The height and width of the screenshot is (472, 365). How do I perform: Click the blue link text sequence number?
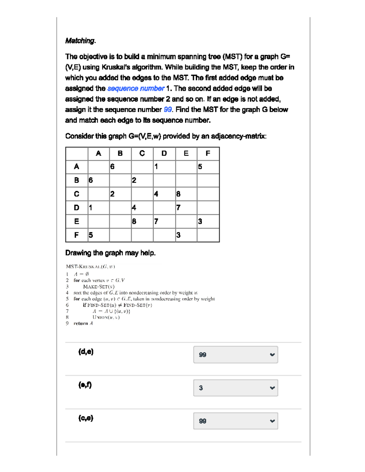[x=136, y=88]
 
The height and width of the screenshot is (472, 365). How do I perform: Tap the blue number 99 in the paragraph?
[x=168, y=110]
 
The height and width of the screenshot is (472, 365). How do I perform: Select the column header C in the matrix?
[x=142, y=153]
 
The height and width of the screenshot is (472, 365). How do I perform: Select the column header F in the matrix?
[x=208, y=153]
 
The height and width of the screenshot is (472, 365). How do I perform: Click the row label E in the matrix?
[x=77, y=222]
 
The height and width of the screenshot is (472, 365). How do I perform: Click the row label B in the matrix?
[x=77, y=180]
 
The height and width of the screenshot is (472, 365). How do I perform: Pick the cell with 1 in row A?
[x=164, y=167]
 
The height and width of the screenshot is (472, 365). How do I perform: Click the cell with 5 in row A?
[x=208, y=167]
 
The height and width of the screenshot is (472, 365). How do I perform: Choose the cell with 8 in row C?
[x=186, y=194]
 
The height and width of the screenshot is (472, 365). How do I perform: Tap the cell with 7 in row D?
[x=186, y=208]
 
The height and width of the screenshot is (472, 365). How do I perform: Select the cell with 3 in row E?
[x=208, y=222]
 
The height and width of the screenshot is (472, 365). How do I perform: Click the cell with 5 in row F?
[x=99, y=235]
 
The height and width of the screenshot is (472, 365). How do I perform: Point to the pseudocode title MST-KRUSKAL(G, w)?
[x=90, y=267]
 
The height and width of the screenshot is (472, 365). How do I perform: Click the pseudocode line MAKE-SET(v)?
[x=99, y=287]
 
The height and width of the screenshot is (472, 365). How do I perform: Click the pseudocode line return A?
[x=83, y=323]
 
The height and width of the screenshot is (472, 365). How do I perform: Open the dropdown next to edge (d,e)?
[x=235, y=355]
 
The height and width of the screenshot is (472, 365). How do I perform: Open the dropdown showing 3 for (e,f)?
[x=235, y=388]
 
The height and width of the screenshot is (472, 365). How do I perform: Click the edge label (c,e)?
[x=86, y=418]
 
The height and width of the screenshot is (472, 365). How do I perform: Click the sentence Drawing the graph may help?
[x=110, y=253]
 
